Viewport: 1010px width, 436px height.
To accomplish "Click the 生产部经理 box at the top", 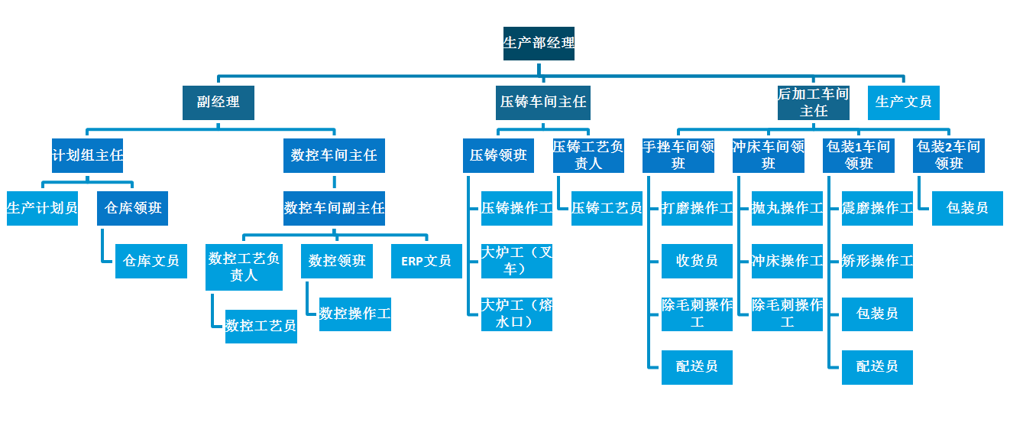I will pyautogui.click(x=539, y=44).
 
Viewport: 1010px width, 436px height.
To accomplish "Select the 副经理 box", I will pyautogui.click(x=218, y=102).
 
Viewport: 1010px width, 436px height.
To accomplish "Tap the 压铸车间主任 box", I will pyautogui.click(x=543, y=102).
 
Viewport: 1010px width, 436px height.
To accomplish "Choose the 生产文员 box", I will pyautogui.click(x=904, y=102).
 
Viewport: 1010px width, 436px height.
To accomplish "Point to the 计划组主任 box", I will pyautogui.click(x=88, y=155).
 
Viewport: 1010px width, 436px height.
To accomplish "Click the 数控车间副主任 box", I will pyautogui.click(x=334, y=208).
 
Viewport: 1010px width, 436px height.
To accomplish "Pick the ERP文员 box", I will pyautogui.click(x=426, y=261).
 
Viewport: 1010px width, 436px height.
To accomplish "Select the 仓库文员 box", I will pyautogui.click(x=151, y=261).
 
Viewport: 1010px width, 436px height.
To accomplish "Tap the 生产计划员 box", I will pyautogui.click(x=43, y=208).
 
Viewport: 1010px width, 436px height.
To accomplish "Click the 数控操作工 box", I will pyautogui.click(x=355, y=314).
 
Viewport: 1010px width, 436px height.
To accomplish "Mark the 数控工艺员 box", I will pyautogui.click(x=261, y=326).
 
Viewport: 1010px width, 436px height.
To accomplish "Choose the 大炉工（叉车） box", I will pyautogui.click(x=516, y=261).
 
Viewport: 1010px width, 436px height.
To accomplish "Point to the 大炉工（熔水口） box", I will pyautogui.click(x=516, y=314).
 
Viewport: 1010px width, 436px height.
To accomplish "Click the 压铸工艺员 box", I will pyautogui.click(x=607, y=208).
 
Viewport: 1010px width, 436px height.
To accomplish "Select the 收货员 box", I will pyautogui.click(x=697, y=261).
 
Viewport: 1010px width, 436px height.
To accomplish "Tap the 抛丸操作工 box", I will pyautogui.click(x=787, y=208).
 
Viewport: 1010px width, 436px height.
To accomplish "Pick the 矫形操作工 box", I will pyautogui.click(x=877, y=261).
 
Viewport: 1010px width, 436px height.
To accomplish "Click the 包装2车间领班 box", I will pyautogui.click(x=949, y=155).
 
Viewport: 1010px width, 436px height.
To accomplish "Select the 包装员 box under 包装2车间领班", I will pyautogui.click(x=967, y=208).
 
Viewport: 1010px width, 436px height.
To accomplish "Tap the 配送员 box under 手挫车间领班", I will pyautogui.click(x=697, y=366).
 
